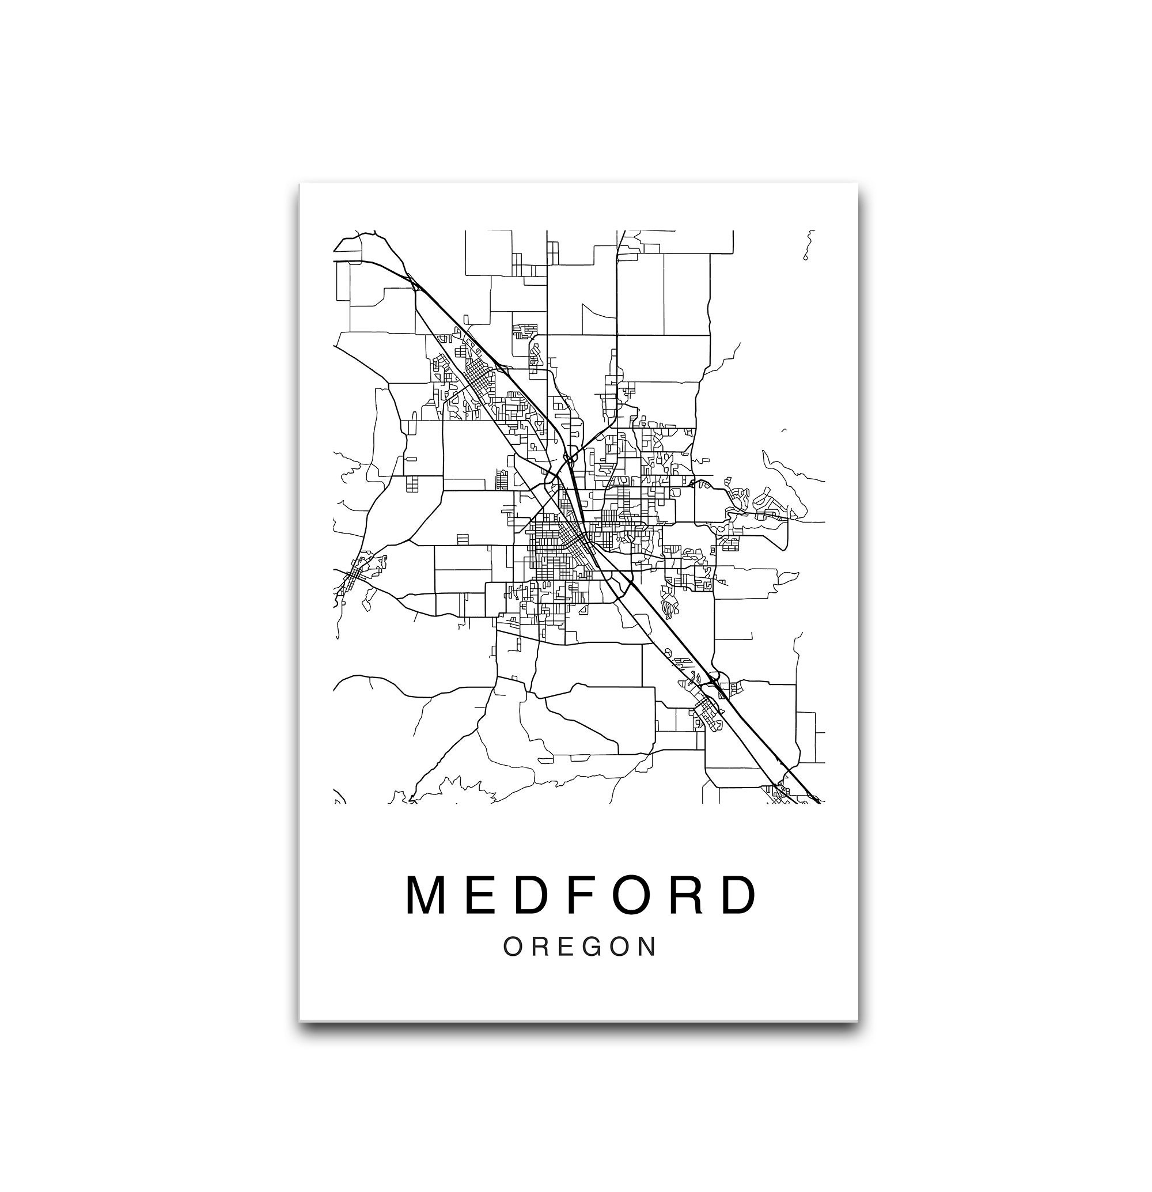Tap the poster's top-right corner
tap(857, 184)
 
